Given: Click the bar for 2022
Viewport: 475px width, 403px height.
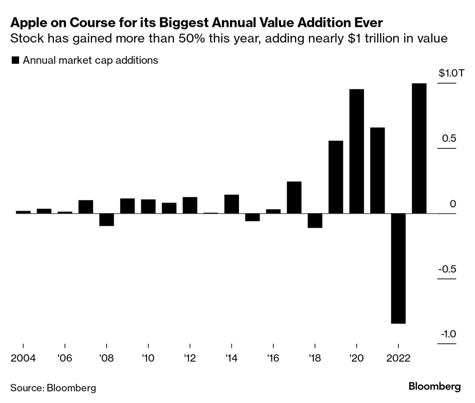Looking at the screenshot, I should pyautogui.click(x=398, y=268).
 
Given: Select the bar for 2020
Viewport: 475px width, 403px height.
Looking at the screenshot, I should pyautogui.click(x=357, y=151).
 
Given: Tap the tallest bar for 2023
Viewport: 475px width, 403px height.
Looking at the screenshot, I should pyautogui.click(x=419, y=148).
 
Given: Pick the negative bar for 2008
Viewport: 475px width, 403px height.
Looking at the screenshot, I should pyautogui.click(x=107, y=220).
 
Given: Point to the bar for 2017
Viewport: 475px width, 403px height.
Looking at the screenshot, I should pyautogui.click(x=294, y=197).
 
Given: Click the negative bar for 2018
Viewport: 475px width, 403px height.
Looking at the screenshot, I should pyautogui.click(x=315, y=221).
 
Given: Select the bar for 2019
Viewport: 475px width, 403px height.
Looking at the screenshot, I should pyautogui.click(x=336, y=177).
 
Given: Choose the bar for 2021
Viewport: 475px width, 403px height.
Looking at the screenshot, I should pyautogui.click(x=377, y=170).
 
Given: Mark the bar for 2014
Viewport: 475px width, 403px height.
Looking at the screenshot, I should pyautogui.click(x=232, y=204).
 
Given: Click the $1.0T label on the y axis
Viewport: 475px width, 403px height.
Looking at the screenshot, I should pyautogui.click(x=447, y=73).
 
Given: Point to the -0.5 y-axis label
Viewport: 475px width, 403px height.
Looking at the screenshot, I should pyautogui.click(x=447, y=269).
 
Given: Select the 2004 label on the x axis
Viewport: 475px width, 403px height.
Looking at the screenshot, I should pyautogui.click(x=23, y=358).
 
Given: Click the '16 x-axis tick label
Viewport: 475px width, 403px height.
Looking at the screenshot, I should pyautogui.click(x=273, y=358).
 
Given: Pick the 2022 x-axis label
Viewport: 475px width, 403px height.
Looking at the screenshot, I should pyautogui.click(x=398, y=358).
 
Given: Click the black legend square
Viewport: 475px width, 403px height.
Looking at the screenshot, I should pyautogui.click(x=15, y=60).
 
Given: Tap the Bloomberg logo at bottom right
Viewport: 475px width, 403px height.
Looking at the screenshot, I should pyautogui.click(x=434, y=386).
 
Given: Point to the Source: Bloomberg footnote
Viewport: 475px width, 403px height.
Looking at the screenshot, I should pyautogui.click(x=53, y=388).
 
